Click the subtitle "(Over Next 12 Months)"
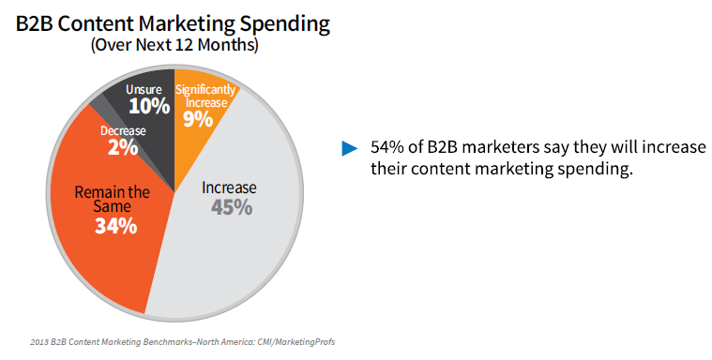point(174,44)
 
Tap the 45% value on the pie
point(230,207)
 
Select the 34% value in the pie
point(115,227)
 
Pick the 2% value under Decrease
point(123,147)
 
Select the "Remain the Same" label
point(113,200)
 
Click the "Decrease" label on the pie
point(123,130)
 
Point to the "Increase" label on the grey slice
point(230,187)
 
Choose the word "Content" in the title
point(102,20)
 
